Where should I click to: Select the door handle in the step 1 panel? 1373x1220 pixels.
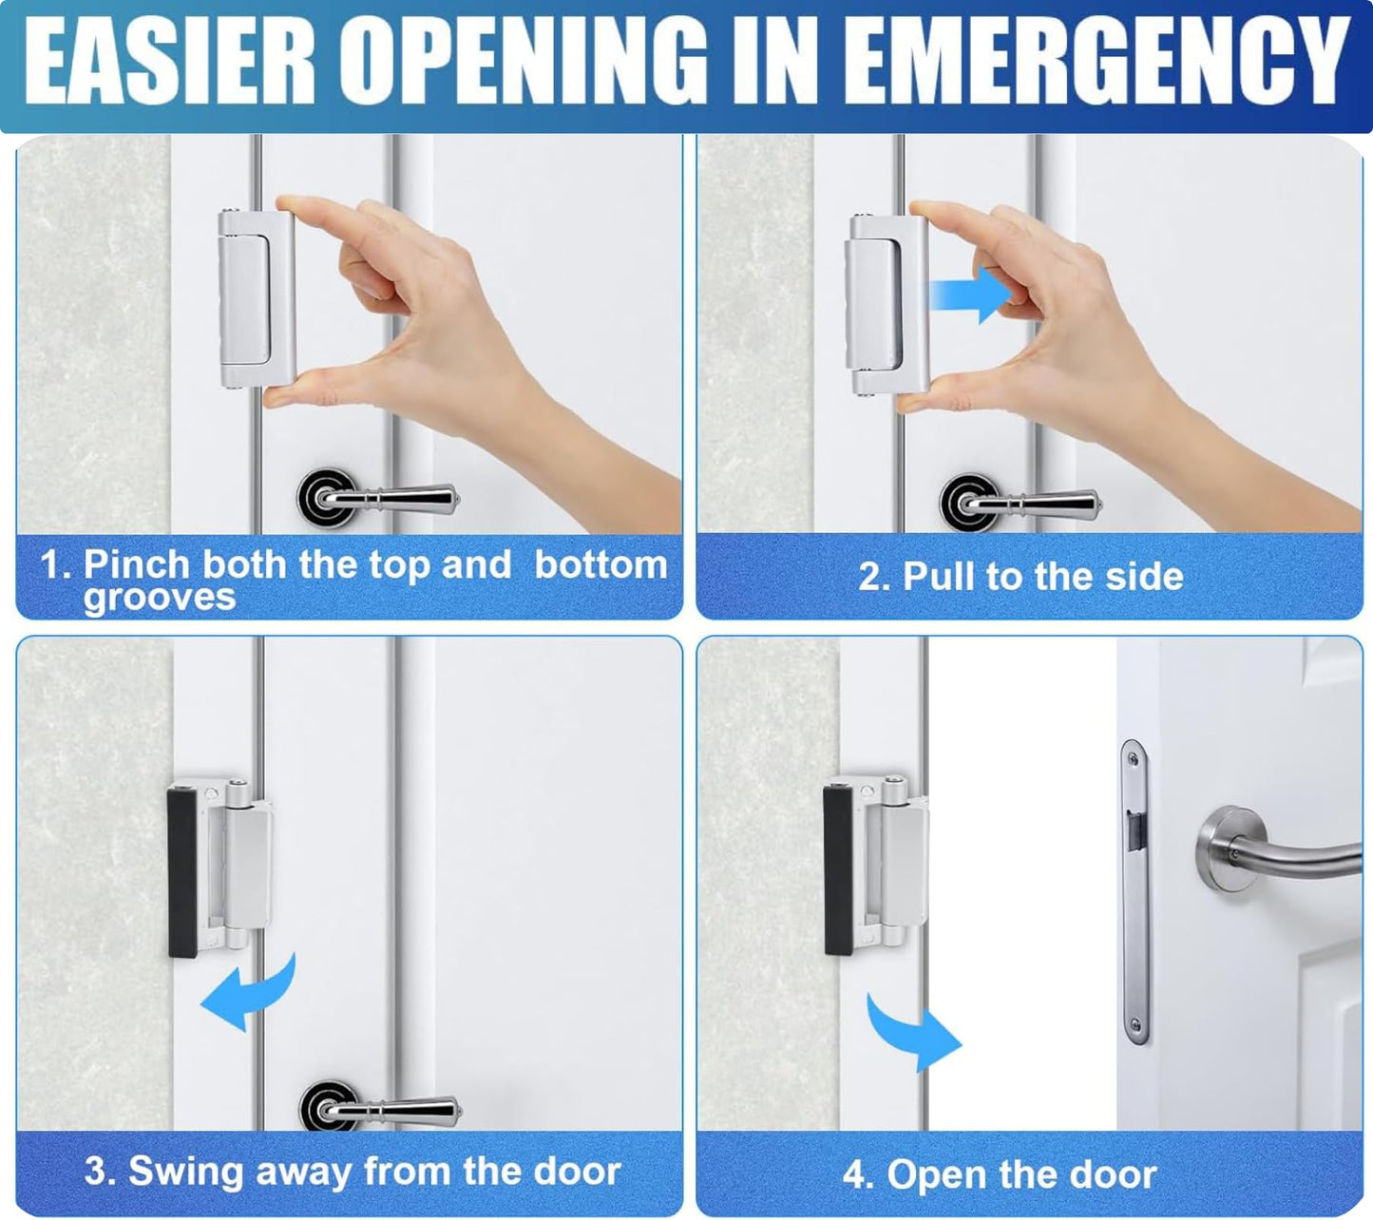(x=377, y=498)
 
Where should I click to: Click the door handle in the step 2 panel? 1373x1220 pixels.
(x=1020, y=503)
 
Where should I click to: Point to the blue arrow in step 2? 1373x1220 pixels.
(x=970, y=295)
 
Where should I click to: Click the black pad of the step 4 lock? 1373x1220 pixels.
(x=837, y=868)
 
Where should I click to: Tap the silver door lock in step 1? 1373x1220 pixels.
(x=257, y=298)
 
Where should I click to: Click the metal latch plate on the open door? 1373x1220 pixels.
(x=1135, y=892)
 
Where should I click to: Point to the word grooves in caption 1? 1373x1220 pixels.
(x=160, y=597)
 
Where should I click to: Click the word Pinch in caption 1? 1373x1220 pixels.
(x=137, y=564)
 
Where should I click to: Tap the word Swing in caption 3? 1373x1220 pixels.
(x=185, y=1172)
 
